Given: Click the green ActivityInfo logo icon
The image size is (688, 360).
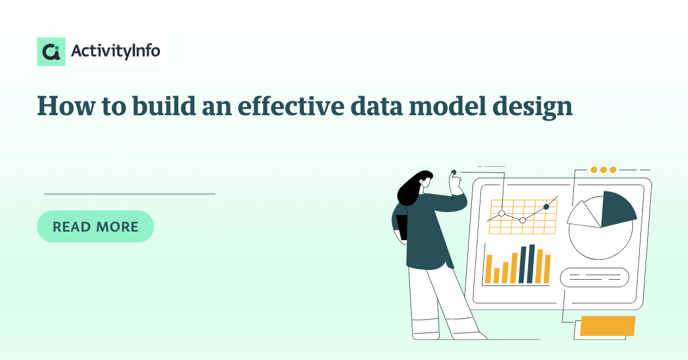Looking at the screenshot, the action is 51,52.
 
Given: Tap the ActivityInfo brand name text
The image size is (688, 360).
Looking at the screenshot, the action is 115,51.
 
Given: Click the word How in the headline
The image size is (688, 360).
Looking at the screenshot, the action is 67,106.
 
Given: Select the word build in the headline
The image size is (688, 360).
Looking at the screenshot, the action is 164,105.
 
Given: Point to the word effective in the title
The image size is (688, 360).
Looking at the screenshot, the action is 291,105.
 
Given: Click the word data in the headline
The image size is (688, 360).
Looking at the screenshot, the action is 377,105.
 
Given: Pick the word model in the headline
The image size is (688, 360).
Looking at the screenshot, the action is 448,105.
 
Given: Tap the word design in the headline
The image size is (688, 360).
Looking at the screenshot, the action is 533,107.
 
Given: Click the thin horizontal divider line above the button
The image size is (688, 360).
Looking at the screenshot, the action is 130,194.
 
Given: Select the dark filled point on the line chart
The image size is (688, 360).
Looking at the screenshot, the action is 546,207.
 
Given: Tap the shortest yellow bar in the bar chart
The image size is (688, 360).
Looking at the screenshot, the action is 497,275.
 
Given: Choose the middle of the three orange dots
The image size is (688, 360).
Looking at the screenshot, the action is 603,170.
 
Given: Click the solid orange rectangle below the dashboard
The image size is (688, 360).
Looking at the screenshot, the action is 608,326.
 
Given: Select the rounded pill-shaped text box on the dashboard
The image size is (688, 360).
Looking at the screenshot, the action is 595,277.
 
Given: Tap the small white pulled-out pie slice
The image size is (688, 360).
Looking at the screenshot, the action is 584,215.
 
